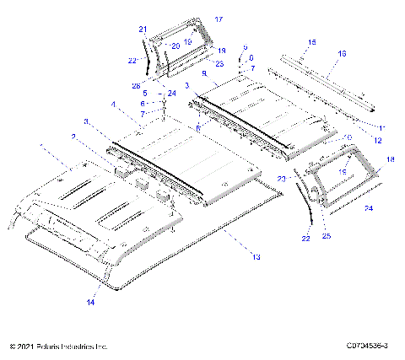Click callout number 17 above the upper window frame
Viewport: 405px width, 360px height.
[x=219, y=18]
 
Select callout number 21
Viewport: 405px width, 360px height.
[x=143, y=29]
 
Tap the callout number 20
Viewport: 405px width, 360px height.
[x=175, y=45]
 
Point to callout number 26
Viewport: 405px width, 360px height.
[x=137, y=84]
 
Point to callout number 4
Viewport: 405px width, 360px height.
[x=111, y=105]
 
